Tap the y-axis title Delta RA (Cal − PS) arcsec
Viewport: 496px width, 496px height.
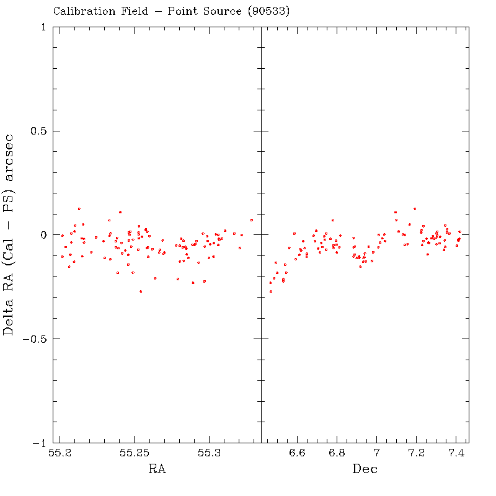pos(9,234)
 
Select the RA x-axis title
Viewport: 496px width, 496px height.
pos(157,469)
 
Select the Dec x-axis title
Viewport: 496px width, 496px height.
pos(365,469)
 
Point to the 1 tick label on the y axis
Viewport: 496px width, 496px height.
pos(43,27)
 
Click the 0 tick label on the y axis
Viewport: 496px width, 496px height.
pos(42,235)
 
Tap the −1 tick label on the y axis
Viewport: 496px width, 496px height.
pos(38,443)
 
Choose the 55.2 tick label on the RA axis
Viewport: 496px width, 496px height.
pos(60,454)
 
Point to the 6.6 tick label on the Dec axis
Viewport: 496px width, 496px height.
pos(298,454)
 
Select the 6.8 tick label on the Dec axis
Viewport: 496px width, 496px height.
pos(337,454)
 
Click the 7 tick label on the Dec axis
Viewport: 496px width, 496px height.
pos(376,454)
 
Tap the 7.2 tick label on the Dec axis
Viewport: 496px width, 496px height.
pos(417,454)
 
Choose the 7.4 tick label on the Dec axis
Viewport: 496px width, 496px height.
pos(456,454)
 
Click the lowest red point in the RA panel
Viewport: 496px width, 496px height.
pos(141,291)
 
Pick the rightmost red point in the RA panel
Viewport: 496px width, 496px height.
pos(252,220)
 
